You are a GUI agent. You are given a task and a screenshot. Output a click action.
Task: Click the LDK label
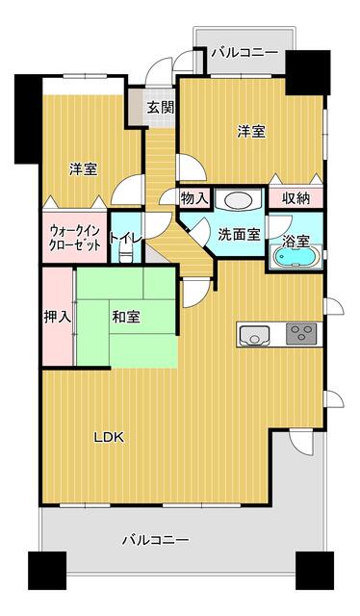coord(109,437)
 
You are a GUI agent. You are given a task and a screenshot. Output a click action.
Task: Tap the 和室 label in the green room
coord(126,317)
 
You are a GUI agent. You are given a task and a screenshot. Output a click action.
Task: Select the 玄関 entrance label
coord(161,107)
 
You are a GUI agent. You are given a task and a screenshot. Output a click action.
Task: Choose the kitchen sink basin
coord(255,335)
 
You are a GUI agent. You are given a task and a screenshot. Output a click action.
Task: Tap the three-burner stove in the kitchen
coord(302,334)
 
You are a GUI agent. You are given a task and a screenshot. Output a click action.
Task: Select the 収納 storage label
coord(296,199)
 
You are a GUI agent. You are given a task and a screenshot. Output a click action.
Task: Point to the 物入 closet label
coord(194,198)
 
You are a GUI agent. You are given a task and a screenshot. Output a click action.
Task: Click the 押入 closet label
coord(58,317)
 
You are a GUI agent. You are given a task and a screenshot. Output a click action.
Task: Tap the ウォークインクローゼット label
coord(74,239)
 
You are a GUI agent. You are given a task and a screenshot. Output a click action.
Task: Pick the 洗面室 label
coord(239,235)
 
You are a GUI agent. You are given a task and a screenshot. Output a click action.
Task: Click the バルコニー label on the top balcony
coord(244,53)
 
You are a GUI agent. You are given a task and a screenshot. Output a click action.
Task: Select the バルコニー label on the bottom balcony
coord(156,539)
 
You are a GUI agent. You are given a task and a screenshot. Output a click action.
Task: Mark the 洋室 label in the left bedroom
coord(84,169)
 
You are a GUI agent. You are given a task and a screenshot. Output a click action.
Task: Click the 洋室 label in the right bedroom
coord(251,131)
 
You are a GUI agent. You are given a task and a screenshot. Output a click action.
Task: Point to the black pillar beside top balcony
coord(307,72)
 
